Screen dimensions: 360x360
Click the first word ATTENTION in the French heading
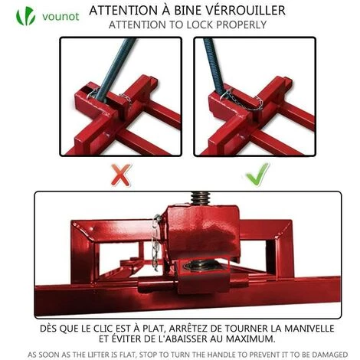121,11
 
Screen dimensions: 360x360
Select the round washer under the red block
201,266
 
